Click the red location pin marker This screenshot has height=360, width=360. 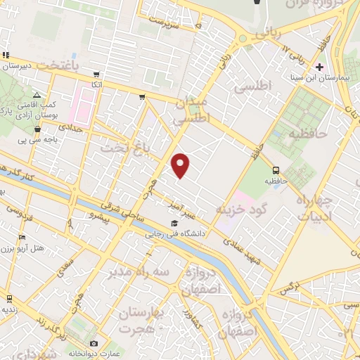point(181,165)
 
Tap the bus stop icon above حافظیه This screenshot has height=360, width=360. point(276,169)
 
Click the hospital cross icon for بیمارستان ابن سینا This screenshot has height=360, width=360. point(319,67)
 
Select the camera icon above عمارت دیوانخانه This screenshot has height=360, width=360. point(94,343)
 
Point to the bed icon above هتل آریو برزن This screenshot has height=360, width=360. point(22,237)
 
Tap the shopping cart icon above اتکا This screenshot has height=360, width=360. point(96,75)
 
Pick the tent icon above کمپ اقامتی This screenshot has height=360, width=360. point(37,94)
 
